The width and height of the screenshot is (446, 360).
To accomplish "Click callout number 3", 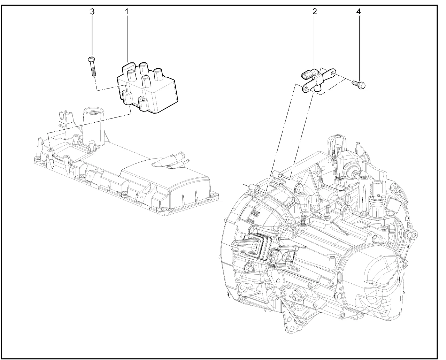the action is pos(92,12).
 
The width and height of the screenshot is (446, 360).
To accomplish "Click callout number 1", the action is pos(126,12).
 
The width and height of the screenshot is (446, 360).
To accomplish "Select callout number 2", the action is pos(315,12).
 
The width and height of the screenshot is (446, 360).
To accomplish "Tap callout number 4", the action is pos(359,12).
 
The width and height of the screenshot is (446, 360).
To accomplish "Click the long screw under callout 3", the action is pos(92,67).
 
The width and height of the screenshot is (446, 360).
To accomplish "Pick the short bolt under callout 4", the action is pos(359,85).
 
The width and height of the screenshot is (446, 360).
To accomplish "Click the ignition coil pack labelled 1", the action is pos(147,87).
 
